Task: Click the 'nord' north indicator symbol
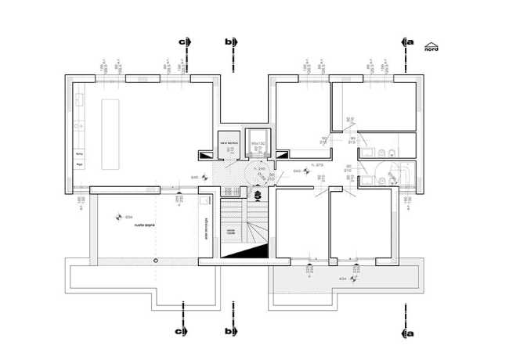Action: click(x=431, y=46)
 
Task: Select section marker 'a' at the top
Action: click(x=406, y=41)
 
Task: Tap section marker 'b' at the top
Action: click(x=229, y=41)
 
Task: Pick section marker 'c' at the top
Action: click(x=184, y=41)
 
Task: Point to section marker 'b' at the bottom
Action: click(x=229, y=332)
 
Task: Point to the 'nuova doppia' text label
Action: click(x=145, y=225)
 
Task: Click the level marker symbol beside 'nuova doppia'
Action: click(x=119, y=217)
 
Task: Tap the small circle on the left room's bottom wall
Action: click(x=157, y=259)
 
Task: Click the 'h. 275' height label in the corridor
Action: click(x=317, y=166)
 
